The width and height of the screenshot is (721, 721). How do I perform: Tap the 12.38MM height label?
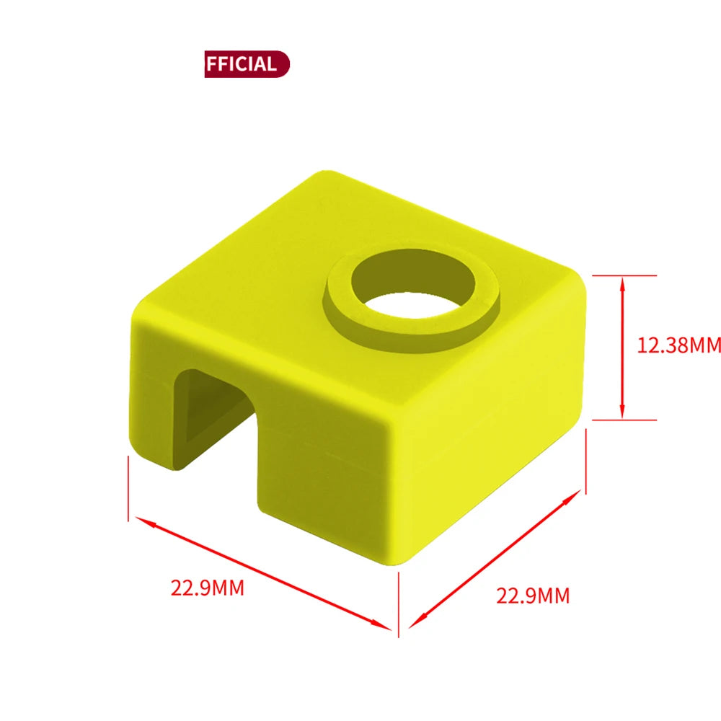click(678, 345)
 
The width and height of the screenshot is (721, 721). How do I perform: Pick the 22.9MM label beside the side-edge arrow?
click(533, 596)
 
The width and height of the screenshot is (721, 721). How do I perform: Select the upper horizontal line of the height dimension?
click(624, 275)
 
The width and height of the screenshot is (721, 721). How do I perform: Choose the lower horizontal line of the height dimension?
click(624, 420)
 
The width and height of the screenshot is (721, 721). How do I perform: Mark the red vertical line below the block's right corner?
click(586, 461)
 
